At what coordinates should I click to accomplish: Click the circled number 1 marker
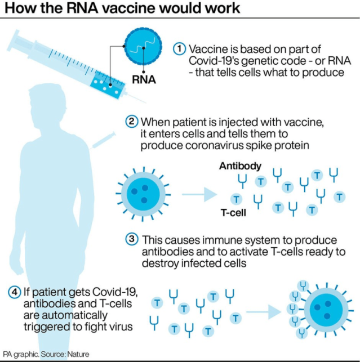coord(179,48)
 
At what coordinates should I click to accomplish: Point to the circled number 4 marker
coord(14,292)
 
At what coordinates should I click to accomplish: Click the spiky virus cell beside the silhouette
coord(140,194)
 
